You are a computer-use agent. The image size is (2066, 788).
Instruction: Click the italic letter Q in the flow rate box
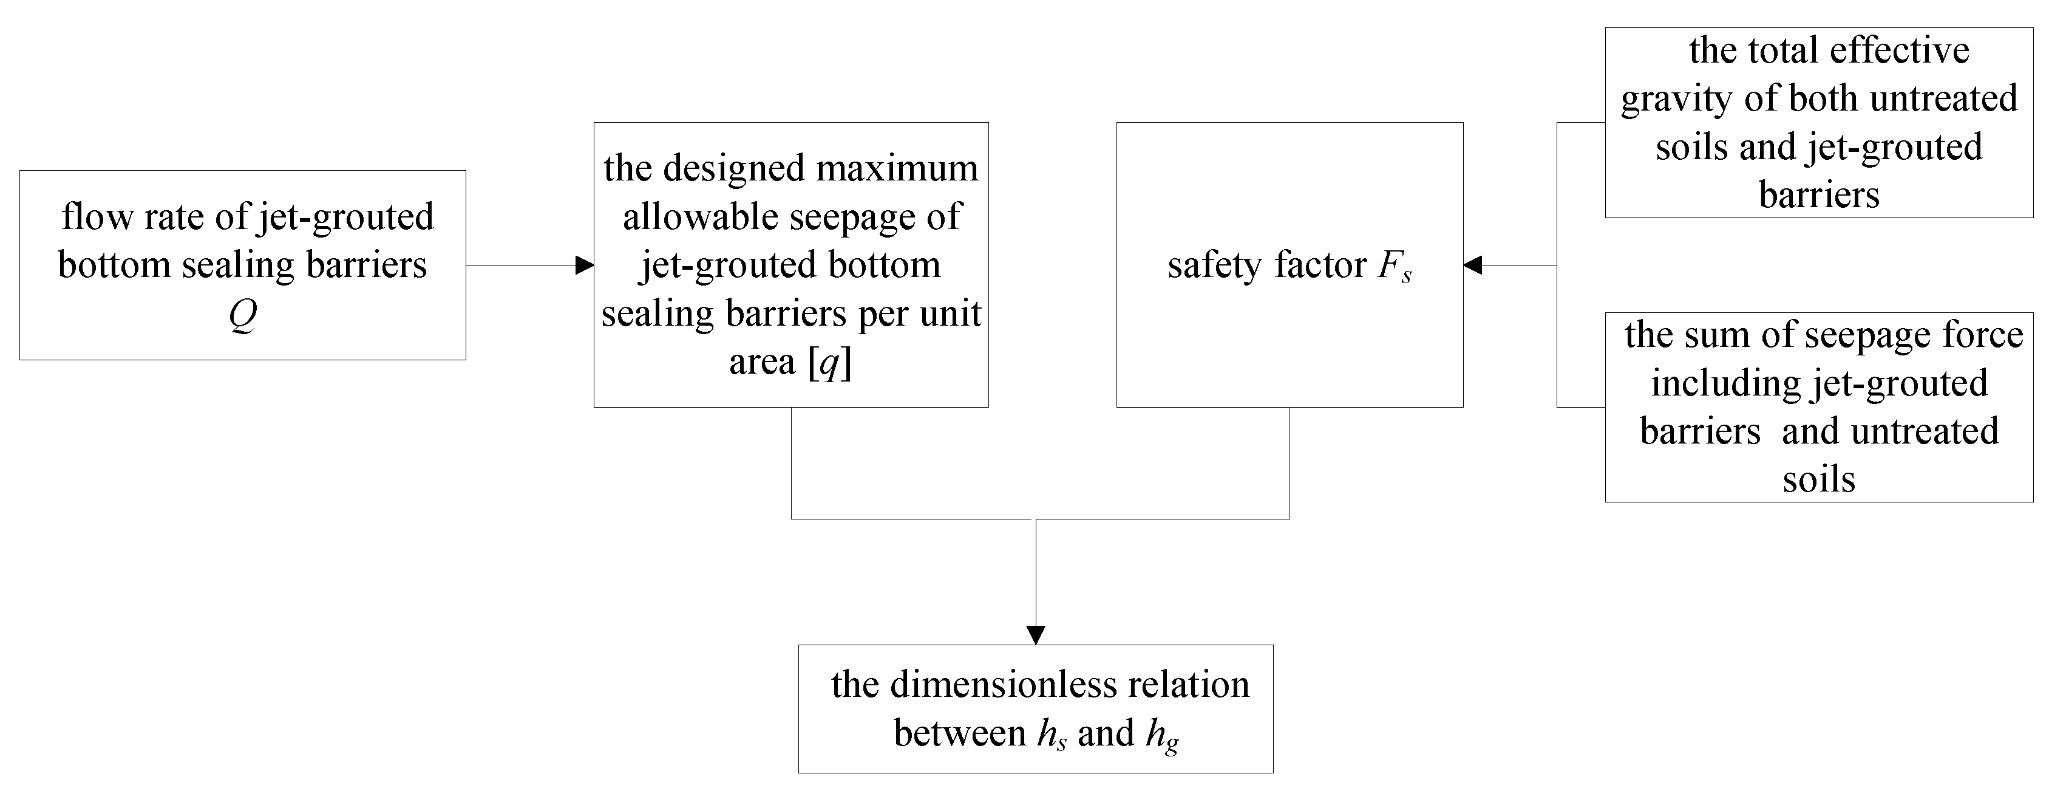243,315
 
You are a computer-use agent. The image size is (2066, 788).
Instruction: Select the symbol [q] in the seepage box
829,363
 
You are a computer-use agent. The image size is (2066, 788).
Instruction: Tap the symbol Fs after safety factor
1394,266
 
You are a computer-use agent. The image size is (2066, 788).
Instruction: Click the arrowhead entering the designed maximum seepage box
585,265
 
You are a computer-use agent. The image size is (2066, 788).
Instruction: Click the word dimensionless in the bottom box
1002,685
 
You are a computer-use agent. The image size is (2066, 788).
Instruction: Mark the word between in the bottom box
959,733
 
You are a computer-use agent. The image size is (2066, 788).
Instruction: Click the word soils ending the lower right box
1819,480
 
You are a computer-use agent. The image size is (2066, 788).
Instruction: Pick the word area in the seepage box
762,362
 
